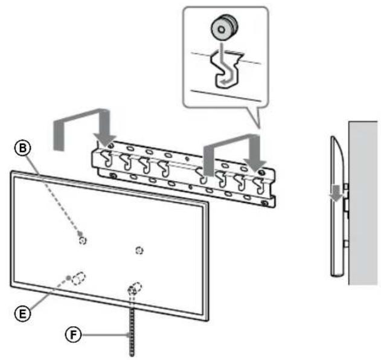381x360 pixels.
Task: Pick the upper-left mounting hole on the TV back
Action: point(83,240)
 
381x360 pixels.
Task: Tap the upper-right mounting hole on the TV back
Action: point(139,249)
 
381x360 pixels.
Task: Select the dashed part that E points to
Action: point(79,278)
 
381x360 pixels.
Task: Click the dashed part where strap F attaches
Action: point(134,289)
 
